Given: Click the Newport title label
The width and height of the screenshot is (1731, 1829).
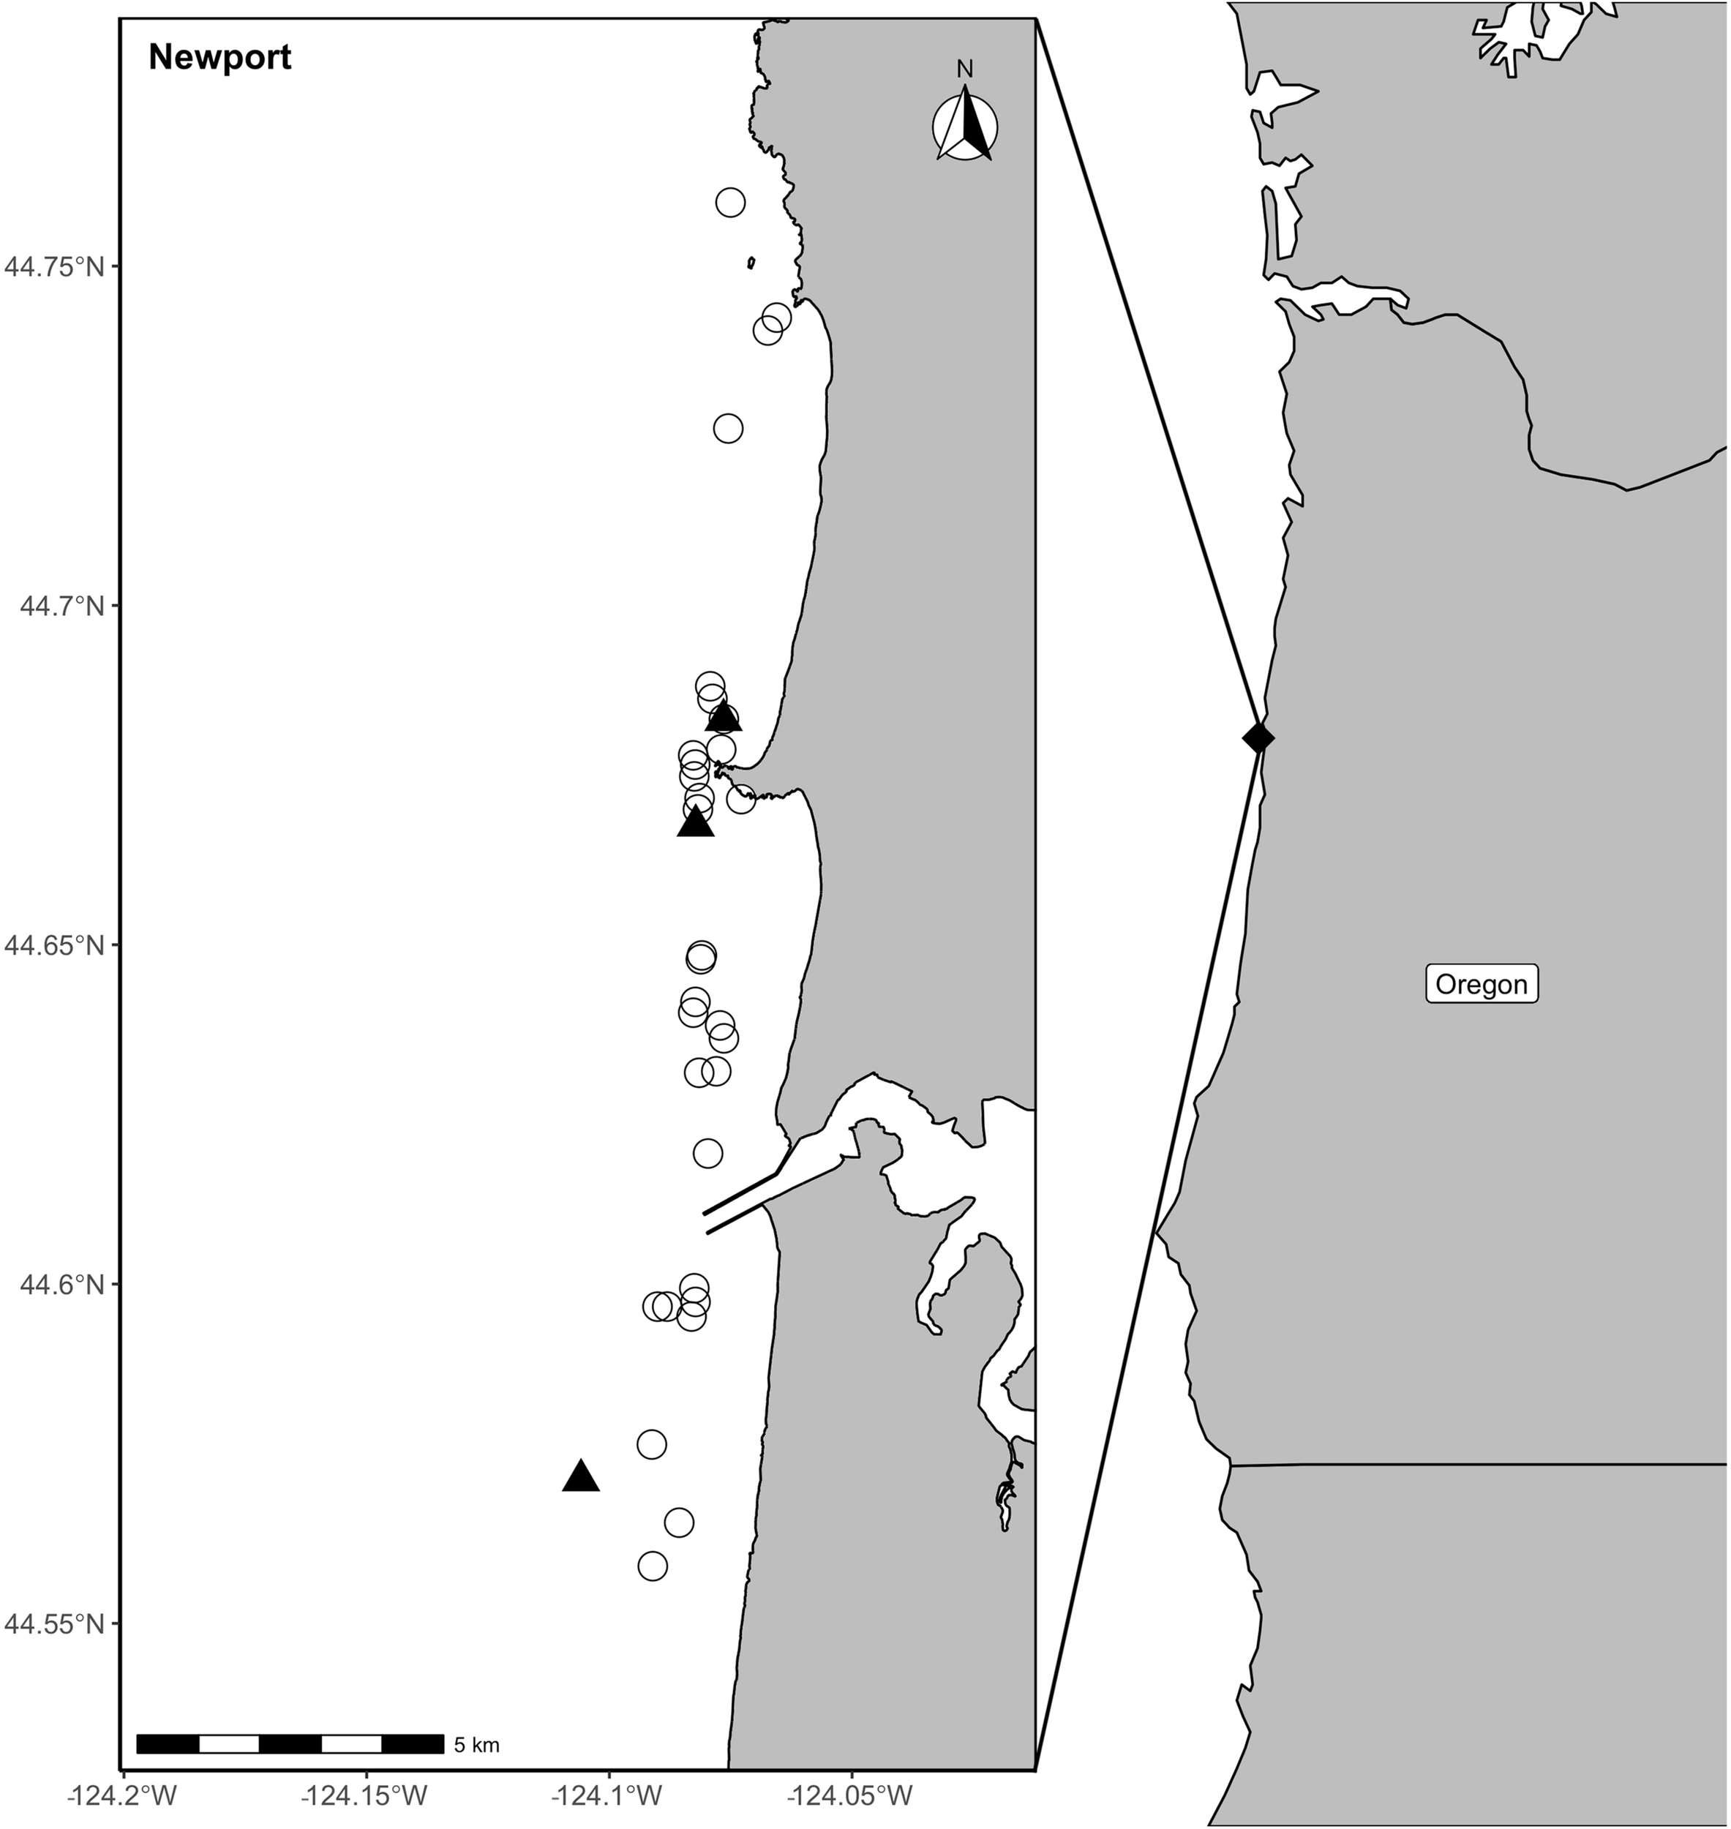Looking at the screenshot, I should [219, 58].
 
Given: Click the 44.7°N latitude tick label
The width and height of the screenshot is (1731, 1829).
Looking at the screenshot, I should [57, 606].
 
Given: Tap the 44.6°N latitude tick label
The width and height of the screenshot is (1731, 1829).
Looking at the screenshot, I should [57, 1284].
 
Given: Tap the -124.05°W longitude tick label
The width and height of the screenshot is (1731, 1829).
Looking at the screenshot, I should [852, 1795].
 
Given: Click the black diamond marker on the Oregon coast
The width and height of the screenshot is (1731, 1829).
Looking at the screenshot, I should [1258, 737].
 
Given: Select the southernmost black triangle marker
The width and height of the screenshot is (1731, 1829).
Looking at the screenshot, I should [580, 1476].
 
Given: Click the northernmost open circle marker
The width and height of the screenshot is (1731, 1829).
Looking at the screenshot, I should [730, 202].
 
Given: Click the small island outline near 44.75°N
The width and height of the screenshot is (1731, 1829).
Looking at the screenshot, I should [752, 263].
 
